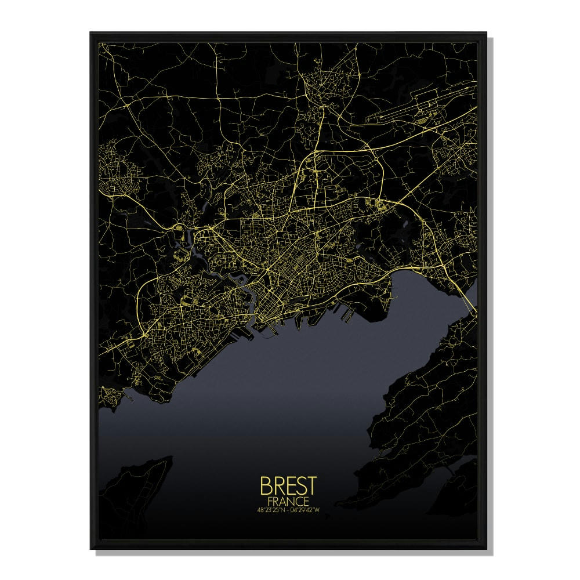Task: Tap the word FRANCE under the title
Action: (288, 499)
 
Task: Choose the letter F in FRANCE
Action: (271, 499)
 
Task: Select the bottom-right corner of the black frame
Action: (488, 548)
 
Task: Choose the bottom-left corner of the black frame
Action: (91, 548)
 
